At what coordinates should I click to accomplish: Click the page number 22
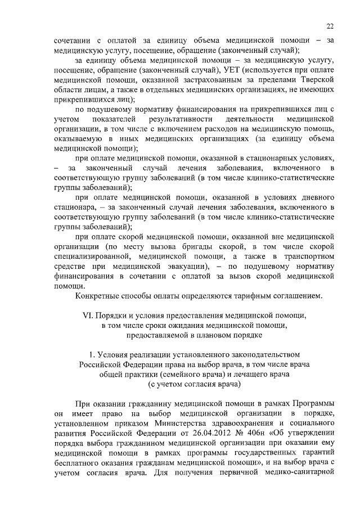[330, 26]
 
